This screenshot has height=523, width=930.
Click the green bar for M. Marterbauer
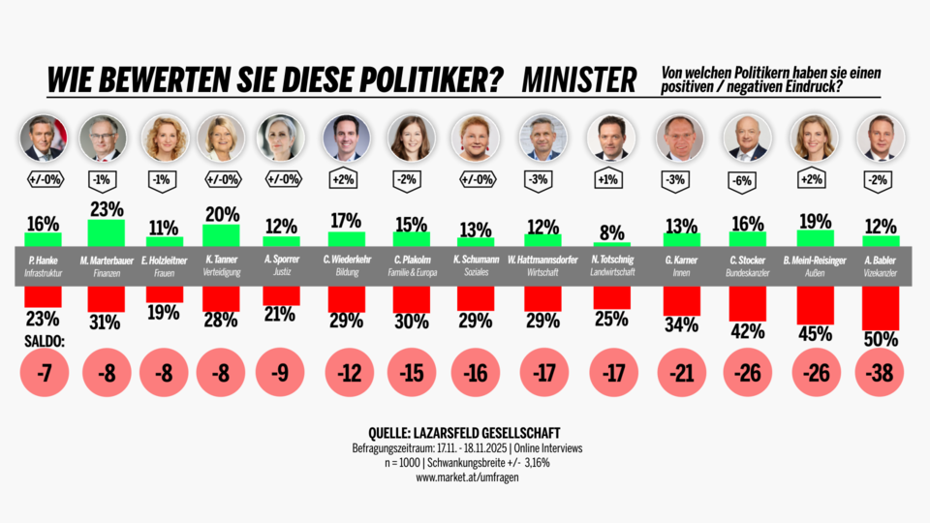(106, 233)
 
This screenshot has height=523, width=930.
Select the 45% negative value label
(814, 334)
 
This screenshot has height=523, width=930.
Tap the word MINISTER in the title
(578, 78)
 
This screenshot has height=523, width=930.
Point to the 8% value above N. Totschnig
(611, 231)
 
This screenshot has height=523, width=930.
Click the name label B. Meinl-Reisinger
(814, 261)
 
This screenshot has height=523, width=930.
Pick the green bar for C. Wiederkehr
(346, 239)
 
